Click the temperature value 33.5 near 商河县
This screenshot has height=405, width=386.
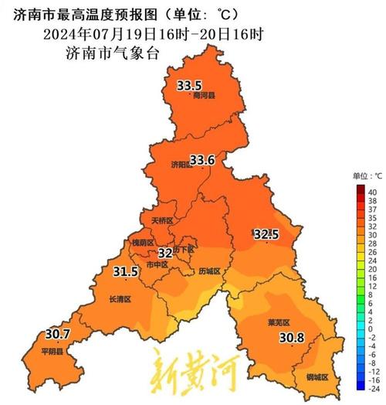190,85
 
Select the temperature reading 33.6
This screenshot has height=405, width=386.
201,160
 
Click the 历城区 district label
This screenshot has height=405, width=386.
209,271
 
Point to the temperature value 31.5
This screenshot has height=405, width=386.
125,271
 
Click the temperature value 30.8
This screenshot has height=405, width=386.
291,337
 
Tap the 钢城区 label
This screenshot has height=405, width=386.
317,377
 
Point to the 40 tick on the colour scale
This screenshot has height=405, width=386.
372,192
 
